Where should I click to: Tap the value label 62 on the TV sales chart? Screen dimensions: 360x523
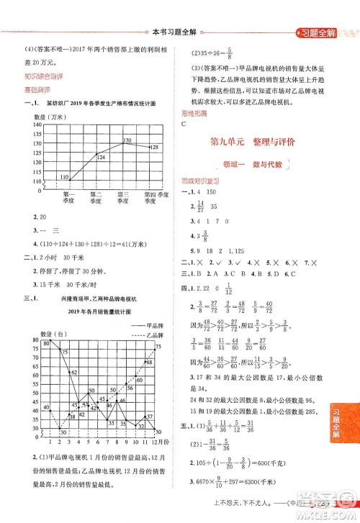click(x=74, y=373)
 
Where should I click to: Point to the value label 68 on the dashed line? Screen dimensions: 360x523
click(x=149, y=363)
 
